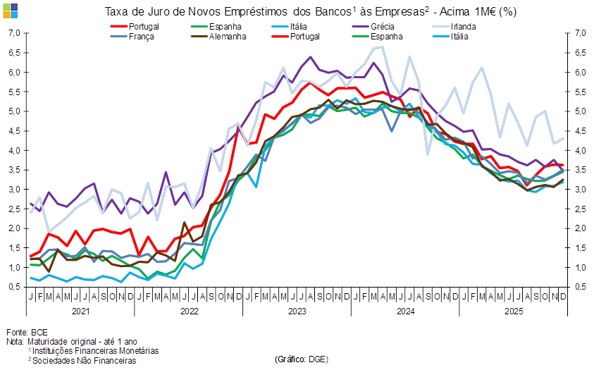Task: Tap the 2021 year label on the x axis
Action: coord(81,310)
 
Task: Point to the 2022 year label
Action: coord(189,310)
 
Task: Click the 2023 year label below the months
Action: coord(297,310)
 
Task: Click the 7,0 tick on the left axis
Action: coord(14,33)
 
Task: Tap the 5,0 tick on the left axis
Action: coord(14,111)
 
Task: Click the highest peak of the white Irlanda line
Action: coord(382,47)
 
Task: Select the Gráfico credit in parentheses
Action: coord(301,359)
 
